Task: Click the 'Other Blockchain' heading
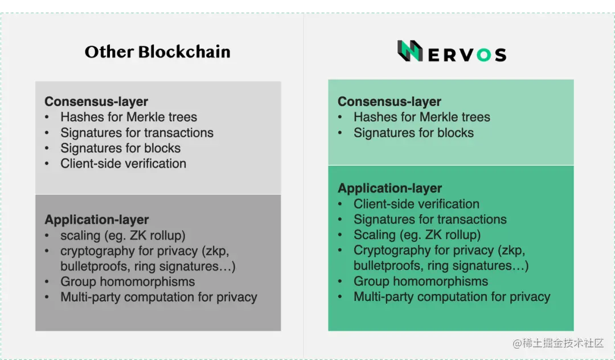pyautogui.click(x=157, y=52)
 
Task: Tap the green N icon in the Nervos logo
pyautogui.click(x=410, y=51)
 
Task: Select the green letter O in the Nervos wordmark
pyautogui.click(x=483, y=55)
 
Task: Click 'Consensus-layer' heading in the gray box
pyautogui.click(x=96, y=101)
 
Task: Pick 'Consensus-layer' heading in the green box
pyautogui.click(x=389, y=101)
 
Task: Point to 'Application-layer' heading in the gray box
pyautogui.click(x=97, y=220)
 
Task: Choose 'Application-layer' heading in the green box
pyautogui.click(x=390, y=188)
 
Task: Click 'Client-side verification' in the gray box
pyautogui.click(x=123, y=163)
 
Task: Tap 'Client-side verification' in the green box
pyautogui.click(x=416, y=204)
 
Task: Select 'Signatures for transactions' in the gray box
pyautogui.click(x=137, y=133)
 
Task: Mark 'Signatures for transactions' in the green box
pyautogui.click(x=430, y=219)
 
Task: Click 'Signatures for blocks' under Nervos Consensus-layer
pyautogui.click(x=414, y=133)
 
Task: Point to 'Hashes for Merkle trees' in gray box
pyautogui.click(x=129, y=117)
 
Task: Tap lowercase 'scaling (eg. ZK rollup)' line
pyautogui.click(x=123, y=235)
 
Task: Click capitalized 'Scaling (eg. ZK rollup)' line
pyautogui.click(x=417, y=235)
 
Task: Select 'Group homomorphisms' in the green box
pyautogui.click(x=421, y=281)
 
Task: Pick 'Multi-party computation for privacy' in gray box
pyautogui.click(x=159, y=297)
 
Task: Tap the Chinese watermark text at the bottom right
pyautogui.click(x=557, y=343)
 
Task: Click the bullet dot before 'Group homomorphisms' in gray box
pyautogui.click(x=47, y=281)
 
